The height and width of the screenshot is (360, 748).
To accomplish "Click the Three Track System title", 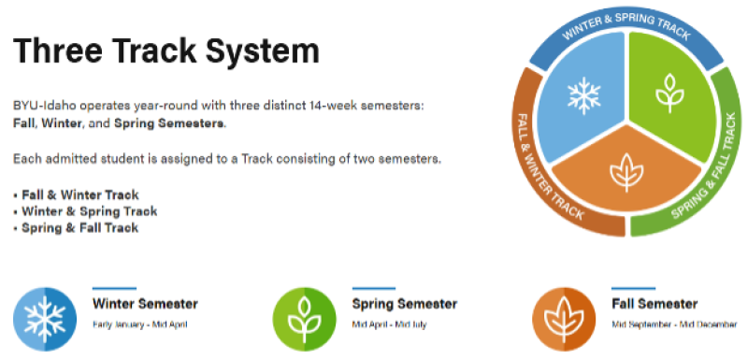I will point(166,50).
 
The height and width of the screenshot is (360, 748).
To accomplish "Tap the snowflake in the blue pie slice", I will point(583,95).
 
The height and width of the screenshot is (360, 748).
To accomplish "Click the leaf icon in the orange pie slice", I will point(624,172).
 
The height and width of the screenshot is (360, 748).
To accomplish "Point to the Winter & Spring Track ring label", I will point(626,29).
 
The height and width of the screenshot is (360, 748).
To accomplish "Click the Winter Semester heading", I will point(145,304).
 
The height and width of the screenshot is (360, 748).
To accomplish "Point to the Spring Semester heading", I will point(404,304).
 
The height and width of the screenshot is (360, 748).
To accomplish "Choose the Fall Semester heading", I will point(654,304).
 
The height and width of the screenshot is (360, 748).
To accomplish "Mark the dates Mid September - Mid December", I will point(668,324).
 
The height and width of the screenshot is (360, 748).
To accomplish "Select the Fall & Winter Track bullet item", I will point(80,194).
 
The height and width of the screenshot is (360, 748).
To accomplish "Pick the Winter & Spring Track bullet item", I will point(84,210).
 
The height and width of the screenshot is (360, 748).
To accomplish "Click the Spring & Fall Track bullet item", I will point(80,227).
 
